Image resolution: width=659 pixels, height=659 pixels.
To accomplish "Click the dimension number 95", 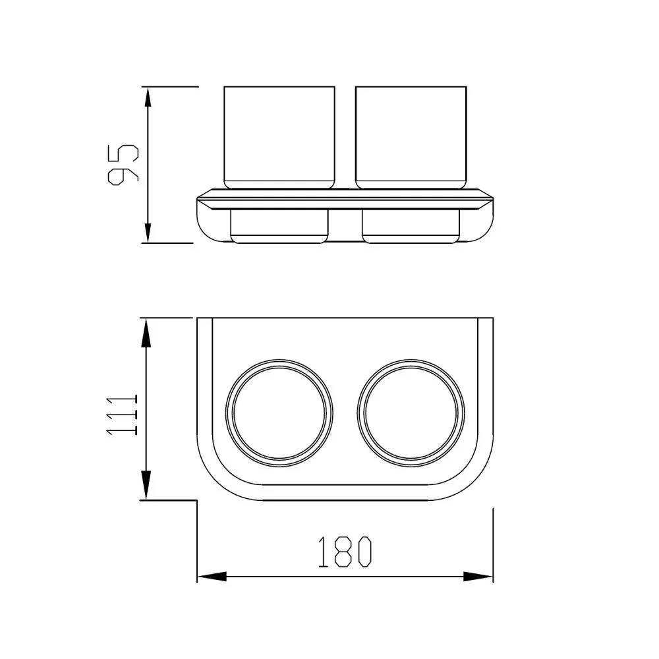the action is [123, 165].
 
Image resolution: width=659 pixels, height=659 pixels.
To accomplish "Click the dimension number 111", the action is [123, 415].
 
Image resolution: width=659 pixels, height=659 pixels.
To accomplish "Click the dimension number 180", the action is [345, 552].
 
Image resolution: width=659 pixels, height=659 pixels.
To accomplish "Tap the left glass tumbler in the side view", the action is [279, 137].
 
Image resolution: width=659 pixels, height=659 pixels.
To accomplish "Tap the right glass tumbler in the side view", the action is [411, 137].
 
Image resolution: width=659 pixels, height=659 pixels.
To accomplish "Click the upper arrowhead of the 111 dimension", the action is [146, 332].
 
